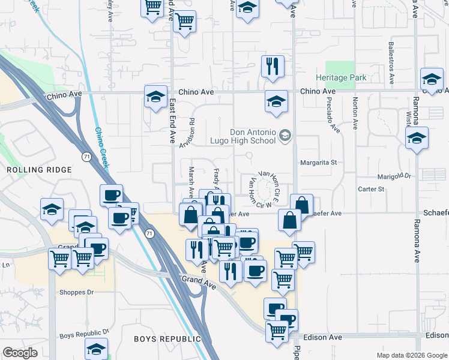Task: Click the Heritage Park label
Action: click(342, 78)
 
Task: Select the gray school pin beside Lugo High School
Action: click(285, 136)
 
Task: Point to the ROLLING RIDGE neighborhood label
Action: click(35, 170)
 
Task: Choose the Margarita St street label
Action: click(318, 163)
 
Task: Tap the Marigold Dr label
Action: click(394, 176)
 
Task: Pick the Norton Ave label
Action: click(356, 113)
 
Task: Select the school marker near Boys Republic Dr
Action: click(96, 348)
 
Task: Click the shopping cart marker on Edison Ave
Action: click(277, 330)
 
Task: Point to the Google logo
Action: click(20, 353)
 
